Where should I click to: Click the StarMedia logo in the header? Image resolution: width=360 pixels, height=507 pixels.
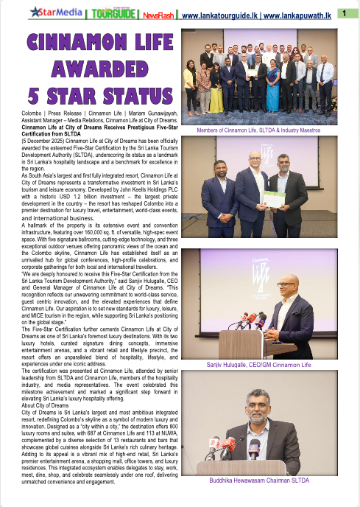pyautogui.click(x=55, y=13)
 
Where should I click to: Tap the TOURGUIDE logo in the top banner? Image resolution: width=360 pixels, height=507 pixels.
pyautogui.click(x=112, y=13)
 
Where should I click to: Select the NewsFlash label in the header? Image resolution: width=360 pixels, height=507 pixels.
pyautogui.click(x=158, y=13)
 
